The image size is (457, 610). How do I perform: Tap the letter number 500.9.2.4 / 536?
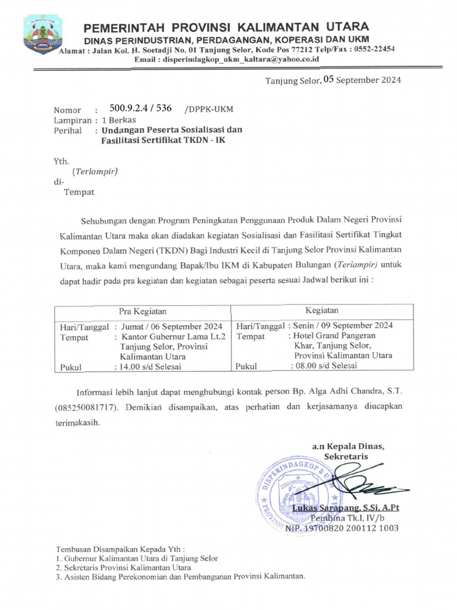pyautogui.click(x=141, y=108)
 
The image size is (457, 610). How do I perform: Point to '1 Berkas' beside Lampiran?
pyautogui.click(x=120, y=119)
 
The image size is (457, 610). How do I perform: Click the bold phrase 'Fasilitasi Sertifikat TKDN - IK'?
pyautogui.click(x=164, y=141)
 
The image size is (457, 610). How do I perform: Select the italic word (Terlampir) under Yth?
pyautogui.click(x=95, y=172)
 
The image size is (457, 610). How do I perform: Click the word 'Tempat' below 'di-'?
pyautogui.click(x=79, y=192)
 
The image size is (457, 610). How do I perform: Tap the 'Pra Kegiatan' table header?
pyautogui.click(x=142, y=311)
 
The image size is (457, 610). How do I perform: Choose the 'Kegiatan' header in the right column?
pyautogui.click(x=322, y=310)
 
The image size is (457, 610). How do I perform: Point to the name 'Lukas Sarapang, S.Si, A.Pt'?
pyautogui.click(x=345, y=508)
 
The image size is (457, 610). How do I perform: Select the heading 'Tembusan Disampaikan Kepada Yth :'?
pyautogui.click(x=120, y=548)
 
